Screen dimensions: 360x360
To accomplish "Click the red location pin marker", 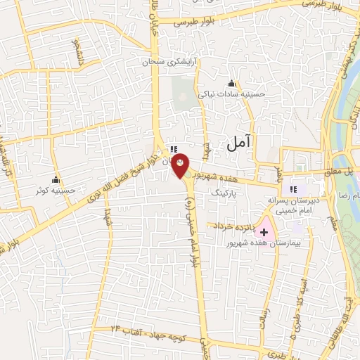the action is (181, 165).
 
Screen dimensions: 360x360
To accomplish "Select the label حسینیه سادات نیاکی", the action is (231, 94).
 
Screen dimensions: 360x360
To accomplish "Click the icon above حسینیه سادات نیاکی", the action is (231, 84).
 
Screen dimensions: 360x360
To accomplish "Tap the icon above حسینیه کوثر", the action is (56, 179).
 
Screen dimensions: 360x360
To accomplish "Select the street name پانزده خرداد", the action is (230, 226).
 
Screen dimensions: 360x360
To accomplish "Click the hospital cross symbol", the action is (264, 232).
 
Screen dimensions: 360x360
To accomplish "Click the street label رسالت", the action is (266, 304).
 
